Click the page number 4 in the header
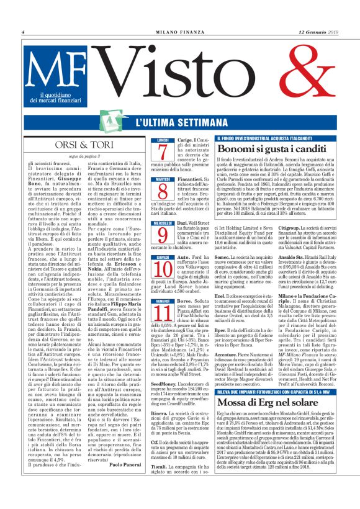23,32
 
